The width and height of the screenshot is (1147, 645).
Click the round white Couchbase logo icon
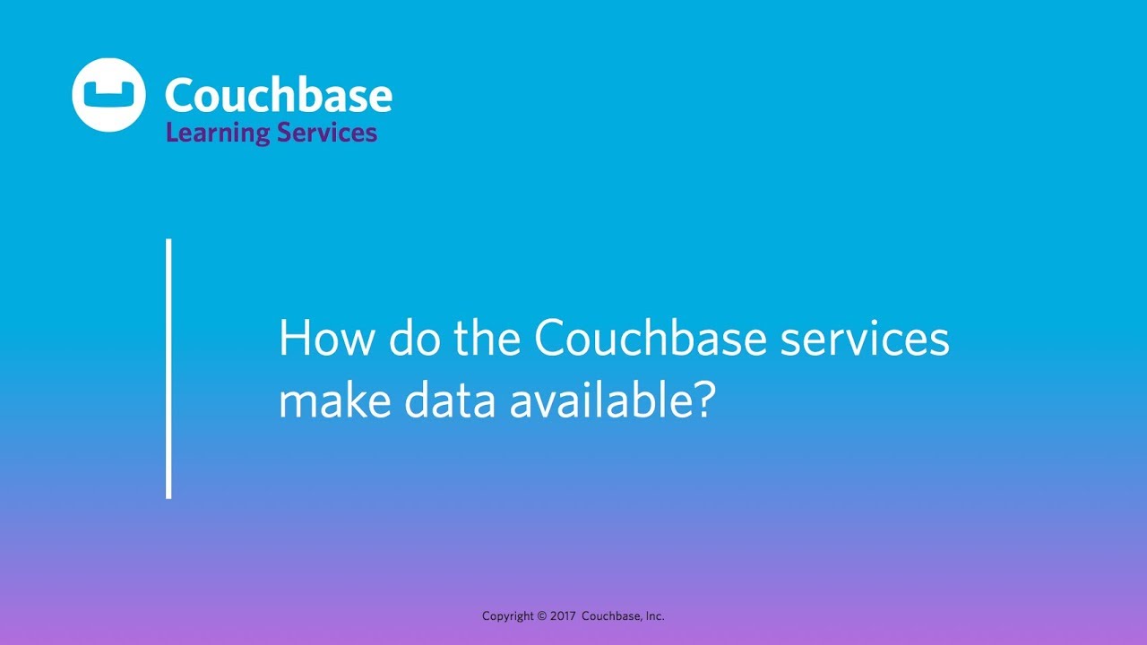108,95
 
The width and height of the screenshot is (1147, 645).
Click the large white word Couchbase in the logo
279,95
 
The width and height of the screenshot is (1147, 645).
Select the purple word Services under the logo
327,133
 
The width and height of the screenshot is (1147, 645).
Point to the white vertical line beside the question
168,368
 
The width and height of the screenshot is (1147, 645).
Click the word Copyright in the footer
508,616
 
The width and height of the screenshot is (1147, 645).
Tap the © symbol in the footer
542,616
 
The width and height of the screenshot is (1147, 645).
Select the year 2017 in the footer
563,616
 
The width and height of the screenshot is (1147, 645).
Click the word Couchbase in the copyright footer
611,616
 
